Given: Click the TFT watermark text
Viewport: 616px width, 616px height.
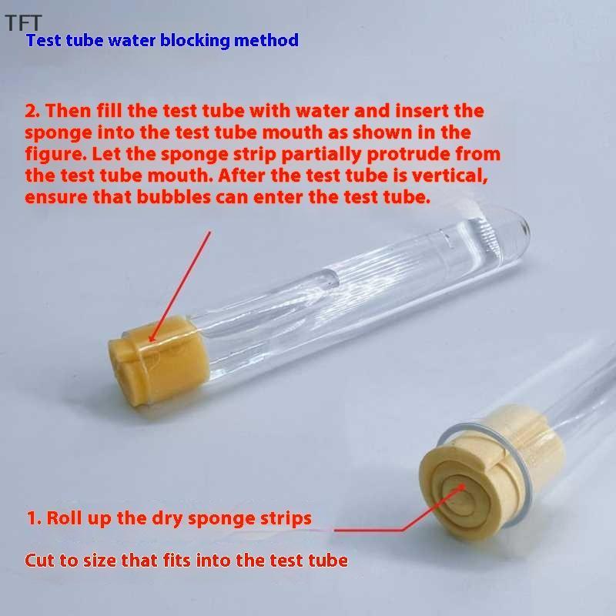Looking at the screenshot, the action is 23,23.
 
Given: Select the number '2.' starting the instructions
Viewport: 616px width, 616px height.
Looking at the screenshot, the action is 32,111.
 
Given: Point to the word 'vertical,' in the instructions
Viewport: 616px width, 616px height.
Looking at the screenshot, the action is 450,176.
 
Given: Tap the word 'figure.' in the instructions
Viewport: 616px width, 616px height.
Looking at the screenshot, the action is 55,155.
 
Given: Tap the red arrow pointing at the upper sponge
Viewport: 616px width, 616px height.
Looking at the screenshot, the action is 180,286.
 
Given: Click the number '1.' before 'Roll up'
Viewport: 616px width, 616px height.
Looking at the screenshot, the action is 34,518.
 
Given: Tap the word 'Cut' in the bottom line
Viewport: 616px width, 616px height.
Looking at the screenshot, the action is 39,561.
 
